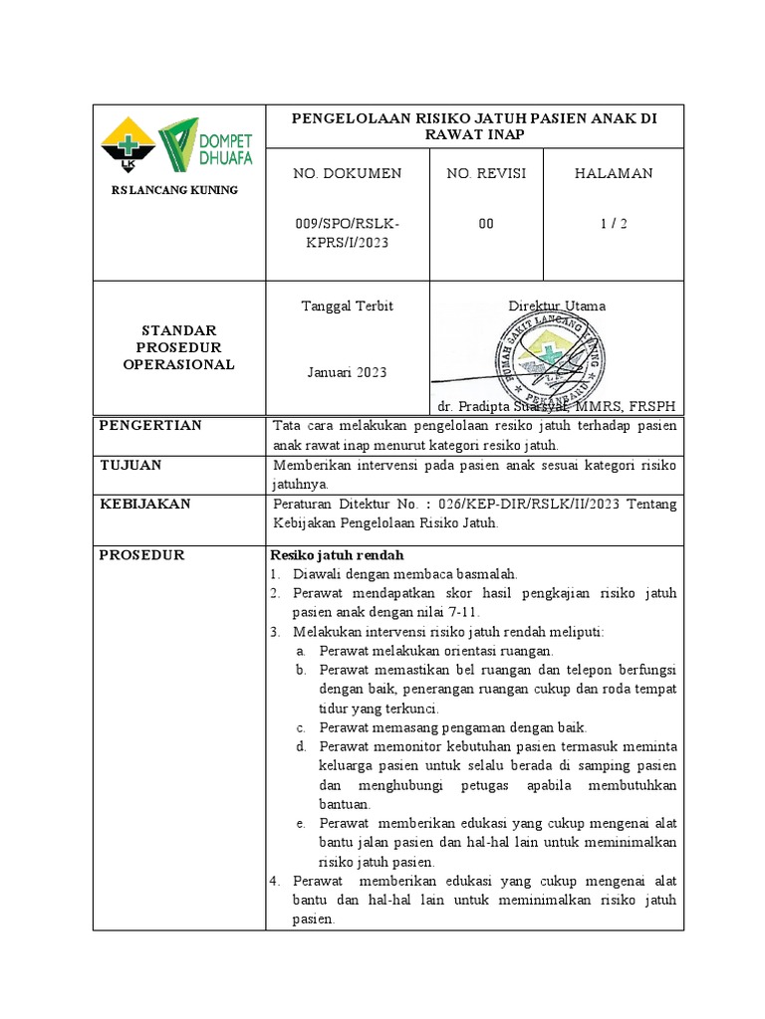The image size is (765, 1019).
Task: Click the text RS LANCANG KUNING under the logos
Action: coord(174,190)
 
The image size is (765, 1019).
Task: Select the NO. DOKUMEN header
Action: coord(347,173)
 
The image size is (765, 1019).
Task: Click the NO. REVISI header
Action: coord(486,173)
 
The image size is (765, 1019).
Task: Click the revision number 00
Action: coord(486,224)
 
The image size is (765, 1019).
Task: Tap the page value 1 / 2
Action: coord(614,224)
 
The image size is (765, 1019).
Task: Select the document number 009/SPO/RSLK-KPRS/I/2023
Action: coord(347,233)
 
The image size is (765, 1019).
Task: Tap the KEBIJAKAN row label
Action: coord(144,505)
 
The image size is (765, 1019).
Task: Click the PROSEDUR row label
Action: coord(141,555)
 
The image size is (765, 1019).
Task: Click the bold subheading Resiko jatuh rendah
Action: coord(337,555)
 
